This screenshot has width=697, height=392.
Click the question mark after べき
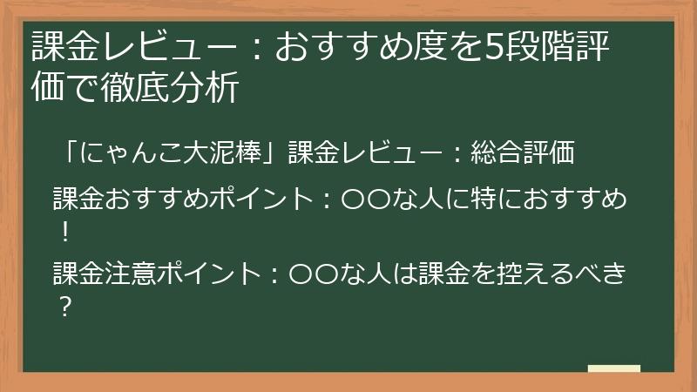point(64,308)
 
